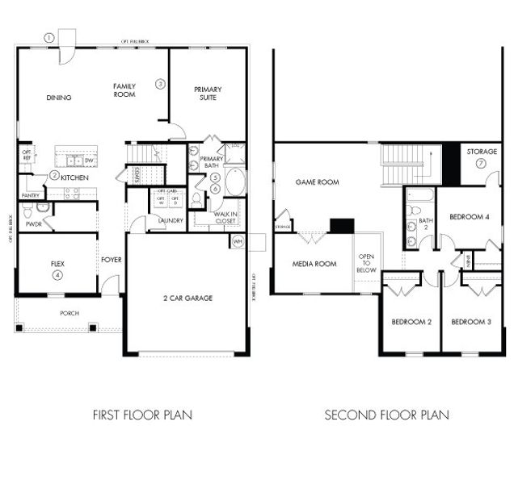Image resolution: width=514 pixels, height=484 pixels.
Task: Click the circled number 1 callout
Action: coord(48,37)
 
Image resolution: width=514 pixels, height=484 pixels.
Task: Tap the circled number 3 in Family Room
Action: coord(161,84)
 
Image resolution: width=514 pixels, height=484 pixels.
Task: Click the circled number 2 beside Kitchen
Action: coord(53,176)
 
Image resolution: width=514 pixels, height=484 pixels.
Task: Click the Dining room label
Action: coord(59,98)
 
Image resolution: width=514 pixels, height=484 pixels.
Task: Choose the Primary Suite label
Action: coord(208,94)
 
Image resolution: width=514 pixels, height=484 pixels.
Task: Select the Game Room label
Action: coord(317,182)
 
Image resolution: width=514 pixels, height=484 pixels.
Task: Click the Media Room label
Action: coord(314,264)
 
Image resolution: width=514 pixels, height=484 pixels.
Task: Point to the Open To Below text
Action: coord(365,264)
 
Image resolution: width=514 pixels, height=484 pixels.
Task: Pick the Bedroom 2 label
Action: coord(411,323)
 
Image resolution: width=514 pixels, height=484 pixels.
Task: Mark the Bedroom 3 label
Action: coord(470,323)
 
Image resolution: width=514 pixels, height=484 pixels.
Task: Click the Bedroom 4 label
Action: coord(469,217)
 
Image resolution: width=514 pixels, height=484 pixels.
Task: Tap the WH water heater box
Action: coord(237,240)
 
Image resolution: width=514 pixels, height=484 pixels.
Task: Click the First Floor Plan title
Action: coord(142,415)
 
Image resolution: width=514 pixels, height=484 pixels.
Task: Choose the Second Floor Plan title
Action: coord(386,415)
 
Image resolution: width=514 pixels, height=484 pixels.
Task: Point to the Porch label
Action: coord(70,313)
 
